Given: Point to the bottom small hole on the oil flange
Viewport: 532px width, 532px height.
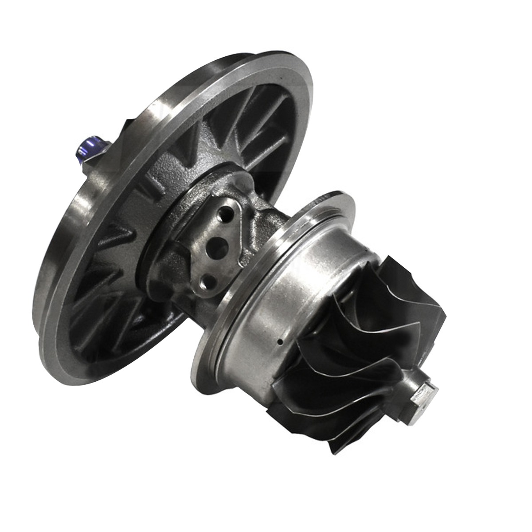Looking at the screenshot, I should (x=207, y=280).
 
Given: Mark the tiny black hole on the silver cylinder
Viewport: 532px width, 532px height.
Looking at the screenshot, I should (x=280, y=342).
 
